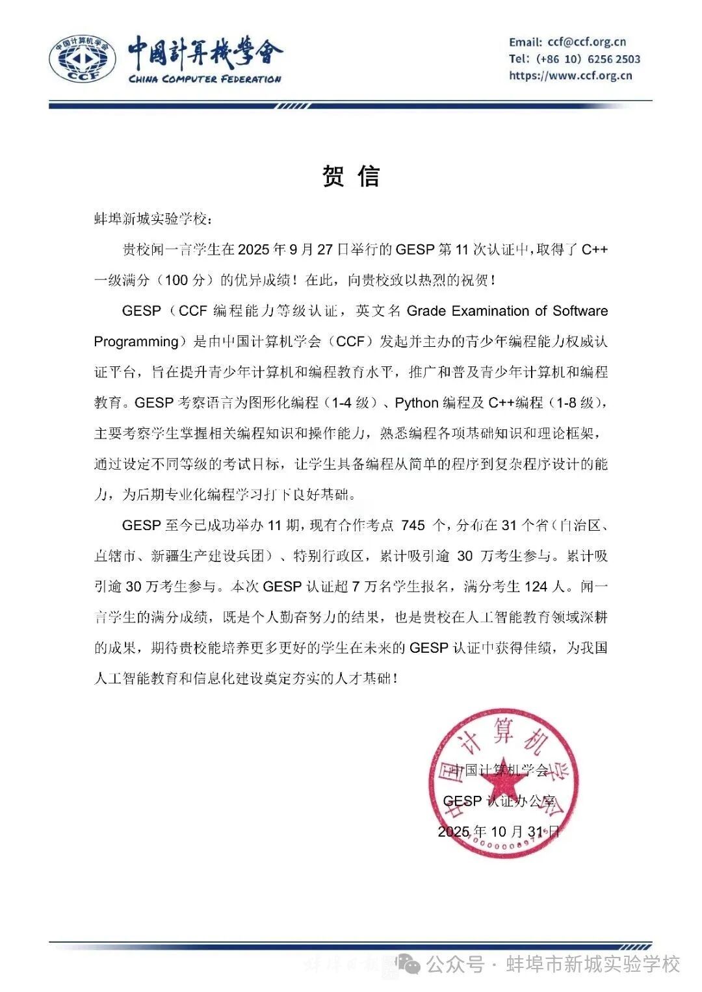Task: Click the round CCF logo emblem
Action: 83,60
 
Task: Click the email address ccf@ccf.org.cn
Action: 587,42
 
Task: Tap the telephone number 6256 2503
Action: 614,59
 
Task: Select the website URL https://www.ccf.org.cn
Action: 571,75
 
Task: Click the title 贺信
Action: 351,177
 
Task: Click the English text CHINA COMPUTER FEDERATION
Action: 205,79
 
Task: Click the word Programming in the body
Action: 136,342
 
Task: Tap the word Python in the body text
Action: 417,403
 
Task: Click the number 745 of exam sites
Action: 413,526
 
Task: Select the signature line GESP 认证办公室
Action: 499,801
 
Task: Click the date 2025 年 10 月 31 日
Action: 499,832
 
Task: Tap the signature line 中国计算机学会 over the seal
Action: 500,770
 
